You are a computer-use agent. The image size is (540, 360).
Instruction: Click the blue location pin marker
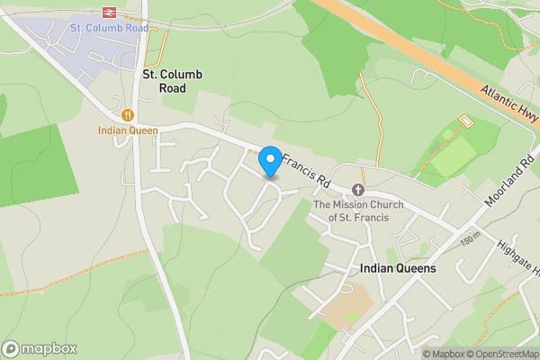[x=269, y=162]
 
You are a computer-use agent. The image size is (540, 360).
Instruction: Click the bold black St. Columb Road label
[x=164, y=81]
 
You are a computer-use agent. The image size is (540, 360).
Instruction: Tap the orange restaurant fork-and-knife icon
[x=129, y=115]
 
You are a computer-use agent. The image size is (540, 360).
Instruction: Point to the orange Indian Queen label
[x=129, y=130]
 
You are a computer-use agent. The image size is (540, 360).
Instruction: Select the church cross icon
[x=358, y=190]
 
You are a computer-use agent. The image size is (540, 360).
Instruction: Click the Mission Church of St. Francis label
[x=358, y=211]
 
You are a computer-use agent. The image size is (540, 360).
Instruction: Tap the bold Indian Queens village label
[x=397, y=268]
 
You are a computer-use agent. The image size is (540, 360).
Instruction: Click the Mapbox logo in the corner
[x=40, y=348]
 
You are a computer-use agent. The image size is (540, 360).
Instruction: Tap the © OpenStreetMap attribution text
[x=500, y=354]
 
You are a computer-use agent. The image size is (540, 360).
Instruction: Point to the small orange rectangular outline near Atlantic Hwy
[x=466, y=121]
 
